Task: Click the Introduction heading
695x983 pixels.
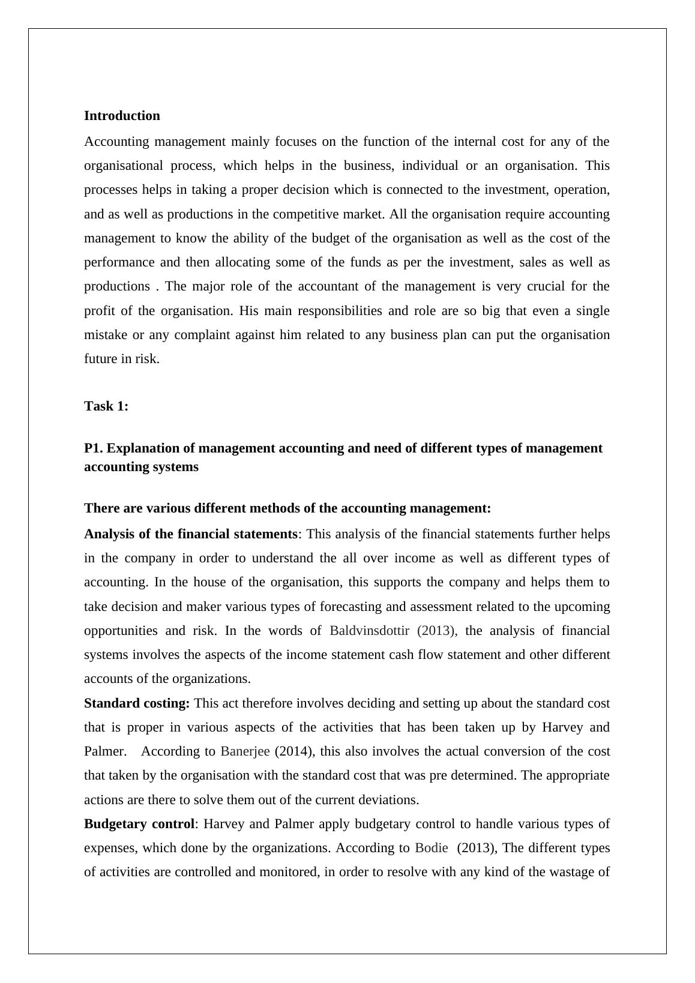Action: pos(122,116)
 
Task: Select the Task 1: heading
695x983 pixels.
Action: pos(106,406)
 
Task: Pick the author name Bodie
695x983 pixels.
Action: pos(431,848)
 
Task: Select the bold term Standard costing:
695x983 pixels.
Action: pos(137,703)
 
